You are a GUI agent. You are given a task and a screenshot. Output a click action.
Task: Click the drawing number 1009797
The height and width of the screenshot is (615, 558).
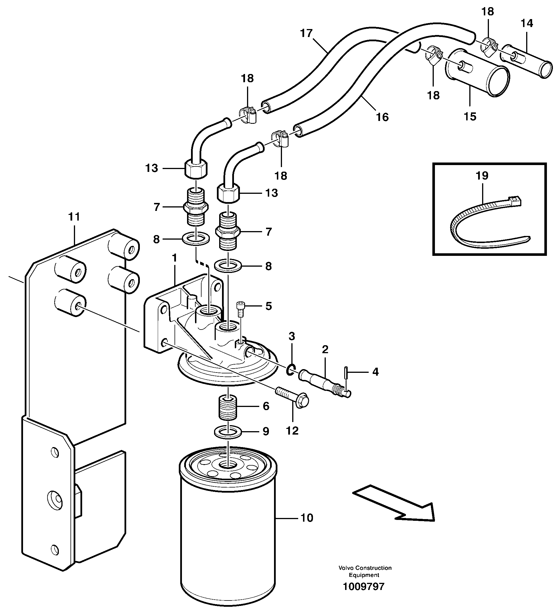tap(364, 587)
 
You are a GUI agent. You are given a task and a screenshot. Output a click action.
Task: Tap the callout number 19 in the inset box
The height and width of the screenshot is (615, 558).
tap(482, 175)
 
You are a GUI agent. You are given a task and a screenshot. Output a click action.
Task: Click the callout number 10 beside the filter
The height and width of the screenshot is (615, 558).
tap(307, 518)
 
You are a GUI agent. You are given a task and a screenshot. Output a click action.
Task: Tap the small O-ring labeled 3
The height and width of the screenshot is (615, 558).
tap(291, 370)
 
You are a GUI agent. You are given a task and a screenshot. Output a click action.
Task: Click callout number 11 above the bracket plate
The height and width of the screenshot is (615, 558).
tap(74, 217)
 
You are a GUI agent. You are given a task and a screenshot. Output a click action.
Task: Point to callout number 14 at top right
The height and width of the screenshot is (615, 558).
tap(527, 23)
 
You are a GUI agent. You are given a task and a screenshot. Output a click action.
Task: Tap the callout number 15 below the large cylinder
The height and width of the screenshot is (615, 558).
tap(470, 116)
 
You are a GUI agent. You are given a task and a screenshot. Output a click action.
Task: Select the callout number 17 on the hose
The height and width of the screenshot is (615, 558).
tap(306, 33)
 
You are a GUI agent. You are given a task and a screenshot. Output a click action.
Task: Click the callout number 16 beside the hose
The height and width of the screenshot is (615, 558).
tap(382, 117)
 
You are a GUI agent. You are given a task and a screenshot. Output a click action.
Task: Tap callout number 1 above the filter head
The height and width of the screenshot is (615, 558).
tap(174, 258)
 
